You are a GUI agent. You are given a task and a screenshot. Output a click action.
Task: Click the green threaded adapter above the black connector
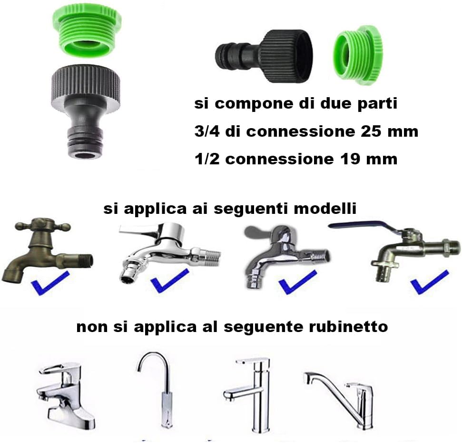pyautogui.click(x=87, y=32)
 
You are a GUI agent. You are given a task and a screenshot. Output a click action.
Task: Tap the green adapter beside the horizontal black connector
pyautogui.click(x=358, y=55)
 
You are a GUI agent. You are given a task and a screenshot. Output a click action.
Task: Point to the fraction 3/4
pyautogui.click(x=207, y=131)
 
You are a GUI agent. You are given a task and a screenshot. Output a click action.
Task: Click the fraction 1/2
pyautogui.click(x=207, y=159)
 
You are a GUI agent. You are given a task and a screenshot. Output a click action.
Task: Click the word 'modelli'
pyautogui.click(x=325, y=208)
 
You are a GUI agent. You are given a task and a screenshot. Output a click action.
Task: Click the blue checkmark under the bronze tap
pyautogui.click(x=50, y=283)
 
